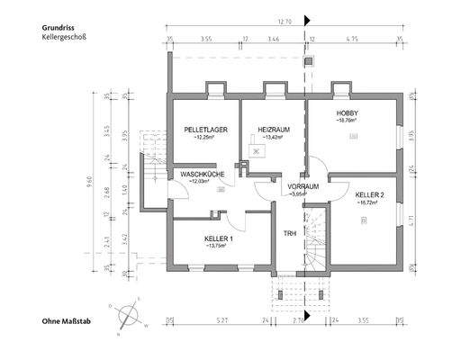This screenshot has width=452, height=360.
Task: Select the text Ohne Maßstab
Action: pyautogui.click(x=69, y=321)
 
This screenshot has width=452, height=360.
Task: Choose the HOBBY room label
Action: pyautogui.click(x=348, y=112)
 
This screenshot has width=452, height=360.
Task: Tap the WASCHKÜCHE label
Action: pyautogui.click(x=202, y=173)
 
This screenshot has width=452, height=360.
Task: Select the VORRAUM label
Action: pyautogui.click(x=303, y=186)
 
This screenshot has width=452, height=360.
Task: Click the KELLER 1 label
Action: pyautogui.click(x=219, y=238)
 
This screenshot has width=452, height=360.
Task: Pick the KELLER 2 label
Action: pyautogui.click(x=369, y=194)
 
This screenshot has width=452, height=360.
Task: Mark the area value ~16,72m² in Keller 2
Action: pyautogui.click(x=369, y=202)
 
